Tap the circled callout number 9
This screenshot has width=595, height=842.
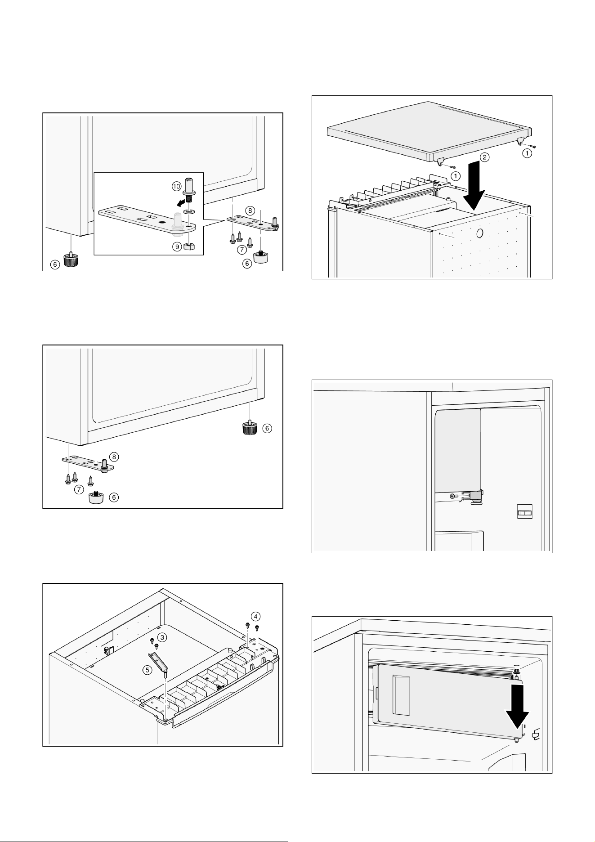coord(177,246)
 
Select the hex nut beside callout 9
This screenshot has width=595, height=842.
coord(190,247)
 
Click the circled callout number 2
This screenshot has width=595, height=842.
coord(484,157)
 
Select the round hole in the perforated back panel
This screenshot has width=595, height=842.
coord(479,233)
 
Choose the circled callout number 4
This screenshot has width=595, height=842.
coord(255,615)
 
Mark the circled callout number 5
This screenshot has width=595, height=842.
coord(147,670)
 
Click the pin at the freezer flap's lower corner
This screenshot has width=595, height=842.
coord(517,739)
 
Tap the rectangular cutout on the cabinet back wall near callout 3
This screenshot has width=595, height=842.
coord(106,638)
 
